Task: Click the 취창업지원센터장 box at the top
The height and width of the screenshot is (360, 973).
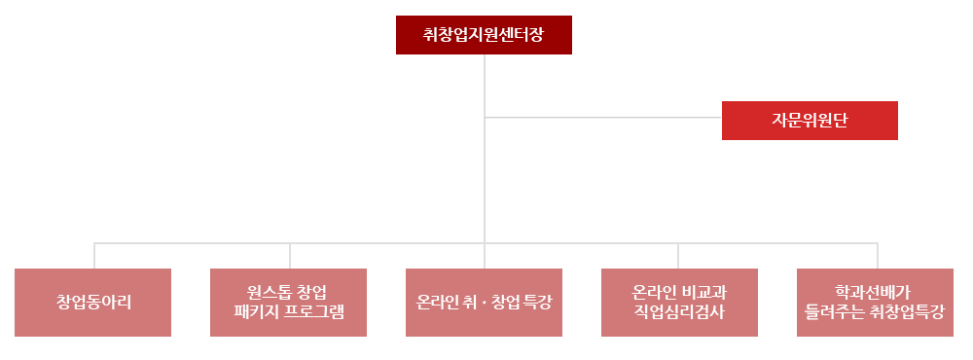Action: [484, 35]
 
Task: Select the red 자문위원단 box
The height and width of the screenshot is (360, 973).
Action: [810, 121]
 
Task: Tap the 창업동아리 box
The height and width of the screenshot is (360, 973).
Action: [93, 303]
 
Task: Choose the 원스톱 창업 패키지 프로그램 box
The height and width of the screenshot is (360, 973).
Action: [289, 303]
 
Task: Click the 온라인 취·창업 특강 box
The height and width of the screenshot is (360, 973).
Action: [484, 303]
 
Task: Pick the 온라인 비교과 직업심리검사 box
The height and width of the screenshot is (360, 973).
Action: [679, 303]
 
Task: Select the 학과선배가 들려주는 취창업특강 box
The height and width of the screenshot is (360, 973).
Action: [875, 303]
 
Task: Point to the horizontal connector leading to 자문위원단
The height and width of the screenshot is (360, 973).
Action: [603, 118]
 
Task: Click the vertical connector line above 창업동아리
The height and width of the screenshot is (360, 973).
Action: [94, 255]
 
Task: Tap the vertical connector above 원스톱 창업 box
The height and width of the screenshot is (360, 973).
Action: [289, 255]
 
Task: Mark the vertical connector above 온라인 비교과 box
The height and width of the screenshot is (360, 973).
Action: [679, 255]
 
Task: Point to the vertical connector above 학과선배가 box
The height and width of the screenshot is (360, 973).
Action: [876, 255]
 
